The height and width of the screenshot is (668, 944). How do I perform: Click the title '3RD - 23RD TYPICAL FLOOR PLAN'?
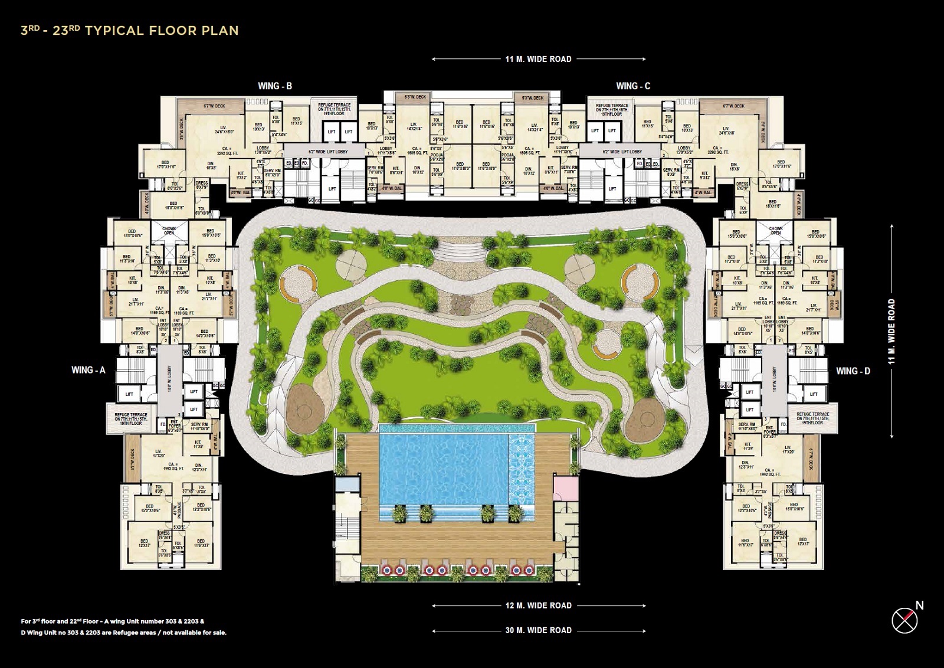130,31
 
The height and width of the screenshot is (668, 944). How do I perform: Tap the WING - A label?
88,370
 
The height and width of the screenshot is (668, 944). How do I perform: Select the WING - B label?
275,86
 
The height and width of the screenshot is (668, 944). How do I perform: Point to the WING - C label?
633,86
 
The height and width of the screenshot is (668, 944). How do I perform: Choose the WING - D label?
853,371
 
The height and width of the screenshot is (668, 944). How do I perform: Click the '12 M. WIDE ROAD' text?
538,605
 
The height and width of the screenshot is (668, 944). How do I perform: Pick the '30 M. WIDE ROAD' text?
538,630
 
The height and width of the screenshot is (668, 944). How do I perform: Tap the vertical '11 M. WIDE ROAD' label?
891,331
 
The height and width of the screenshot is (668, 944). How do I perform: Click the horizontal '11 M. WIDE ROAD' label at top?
538,59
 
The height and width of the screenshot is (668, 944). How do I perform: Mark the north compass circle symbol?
904,620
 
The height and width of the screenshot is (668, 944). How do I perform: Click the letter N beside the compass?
919,605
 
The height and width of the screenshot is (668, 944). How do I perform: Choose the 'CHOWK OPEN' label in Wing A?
169,231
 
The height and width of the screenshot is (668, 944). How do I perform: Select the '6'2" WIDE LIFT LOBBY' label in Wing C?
622,152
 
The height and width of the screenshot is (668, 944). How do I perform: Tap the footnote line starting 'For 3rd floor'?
113,621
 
